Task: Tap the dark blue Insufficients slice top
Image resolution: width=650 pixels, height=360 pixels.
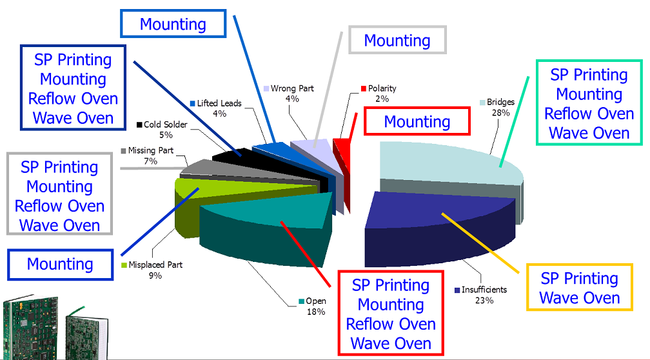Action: (x=439, y=211)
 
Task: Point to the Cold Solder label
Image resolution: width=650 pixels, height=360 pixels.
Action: (x=165, y=125)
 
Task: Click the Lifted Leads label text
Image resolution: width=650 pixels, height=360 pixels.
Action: (x=219, y=103)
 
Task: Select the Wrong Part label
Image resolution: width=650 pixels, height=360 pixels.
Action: (x=292, y=88)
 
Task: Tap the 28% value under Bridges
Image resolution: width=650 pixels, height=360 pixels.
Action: (x=500, y=113)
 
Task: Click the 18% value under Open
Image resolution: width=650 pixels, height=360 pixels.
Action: (x=315, y=312)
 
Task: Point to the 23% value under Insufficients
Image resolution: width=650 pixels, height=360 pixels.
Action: (x=484, y=300)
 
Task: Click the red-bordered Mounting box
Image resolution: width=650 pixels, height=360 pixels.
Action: (x=417, y=121)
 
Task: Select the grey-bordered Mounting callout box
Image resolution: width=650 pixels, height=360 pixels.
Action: (x=397, y=40)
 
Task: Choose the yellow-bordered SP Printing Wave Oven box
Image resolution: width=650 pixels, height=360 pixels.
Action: (x=579, y=287)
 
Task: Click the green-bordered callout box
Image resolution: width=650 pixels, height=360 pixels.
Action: (x=589, y=103)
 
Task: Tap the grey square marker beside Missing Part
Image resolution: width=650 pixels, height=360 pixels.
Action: (x=124, y=150)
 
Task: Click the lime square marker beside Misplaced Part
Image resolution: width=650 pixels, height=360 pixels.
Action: (x=124, y=265)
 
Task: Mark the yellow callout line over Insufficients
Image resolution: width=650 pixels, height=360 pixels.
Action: (x=480, y=243)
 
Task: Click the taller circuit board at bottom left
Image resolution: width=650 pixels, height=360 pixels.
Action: (x=31, y=328)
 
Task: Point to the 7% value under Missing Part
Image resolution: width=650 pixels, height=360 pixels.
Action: (x=150, y=161)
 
